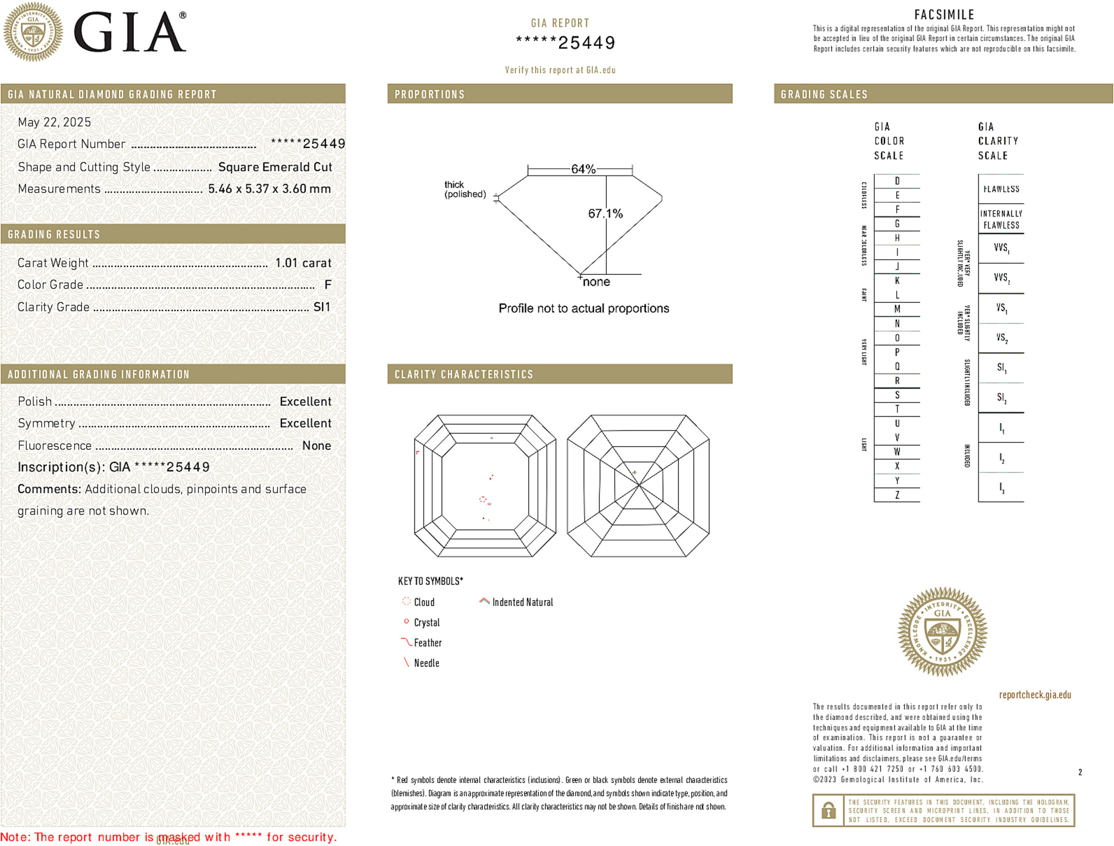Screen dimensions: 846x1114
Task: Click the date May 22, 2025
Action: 54,123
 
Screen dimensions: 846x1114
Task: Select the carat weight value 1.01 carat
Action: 303,263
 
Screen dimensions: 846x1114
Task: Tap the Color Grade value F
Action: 328,285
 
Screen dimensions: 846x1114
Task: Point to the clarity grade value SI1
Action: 321,307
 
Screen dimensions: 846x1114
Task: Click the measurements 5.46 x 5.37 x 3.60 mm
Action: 269,189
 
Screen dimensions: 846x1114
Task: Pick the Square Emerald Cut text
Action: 275,167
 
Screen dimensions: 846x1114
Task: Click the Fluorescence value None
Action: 316,446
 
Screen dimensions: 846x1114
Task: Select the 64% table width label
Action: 583,169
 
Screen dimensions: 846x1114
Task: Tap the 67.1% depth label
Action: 605,214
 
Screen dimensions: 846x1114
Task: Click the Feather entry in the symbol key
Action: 427,643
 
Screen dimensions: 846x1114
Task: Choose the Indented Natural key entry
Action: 522,603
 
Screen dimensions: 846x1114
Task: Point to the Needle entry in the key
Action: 426,663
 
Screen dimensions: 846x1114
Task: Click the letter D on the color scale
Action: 897,181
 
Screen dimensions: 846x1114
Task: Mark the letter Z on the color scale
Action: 897,495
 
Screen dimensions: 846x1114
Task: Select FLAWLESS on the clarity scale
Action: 1001,189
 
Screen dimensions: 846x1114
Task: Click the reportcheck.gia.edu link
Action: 1035,695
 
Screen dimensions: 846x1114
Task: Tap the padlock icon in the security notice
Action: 828,810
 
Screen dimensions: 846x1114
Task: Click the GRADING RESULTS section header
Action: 54,234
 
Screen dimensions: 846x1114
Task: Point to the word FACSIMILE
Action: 944,15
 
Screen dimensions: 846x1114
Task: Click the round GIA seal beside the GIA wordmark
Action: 33,32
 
